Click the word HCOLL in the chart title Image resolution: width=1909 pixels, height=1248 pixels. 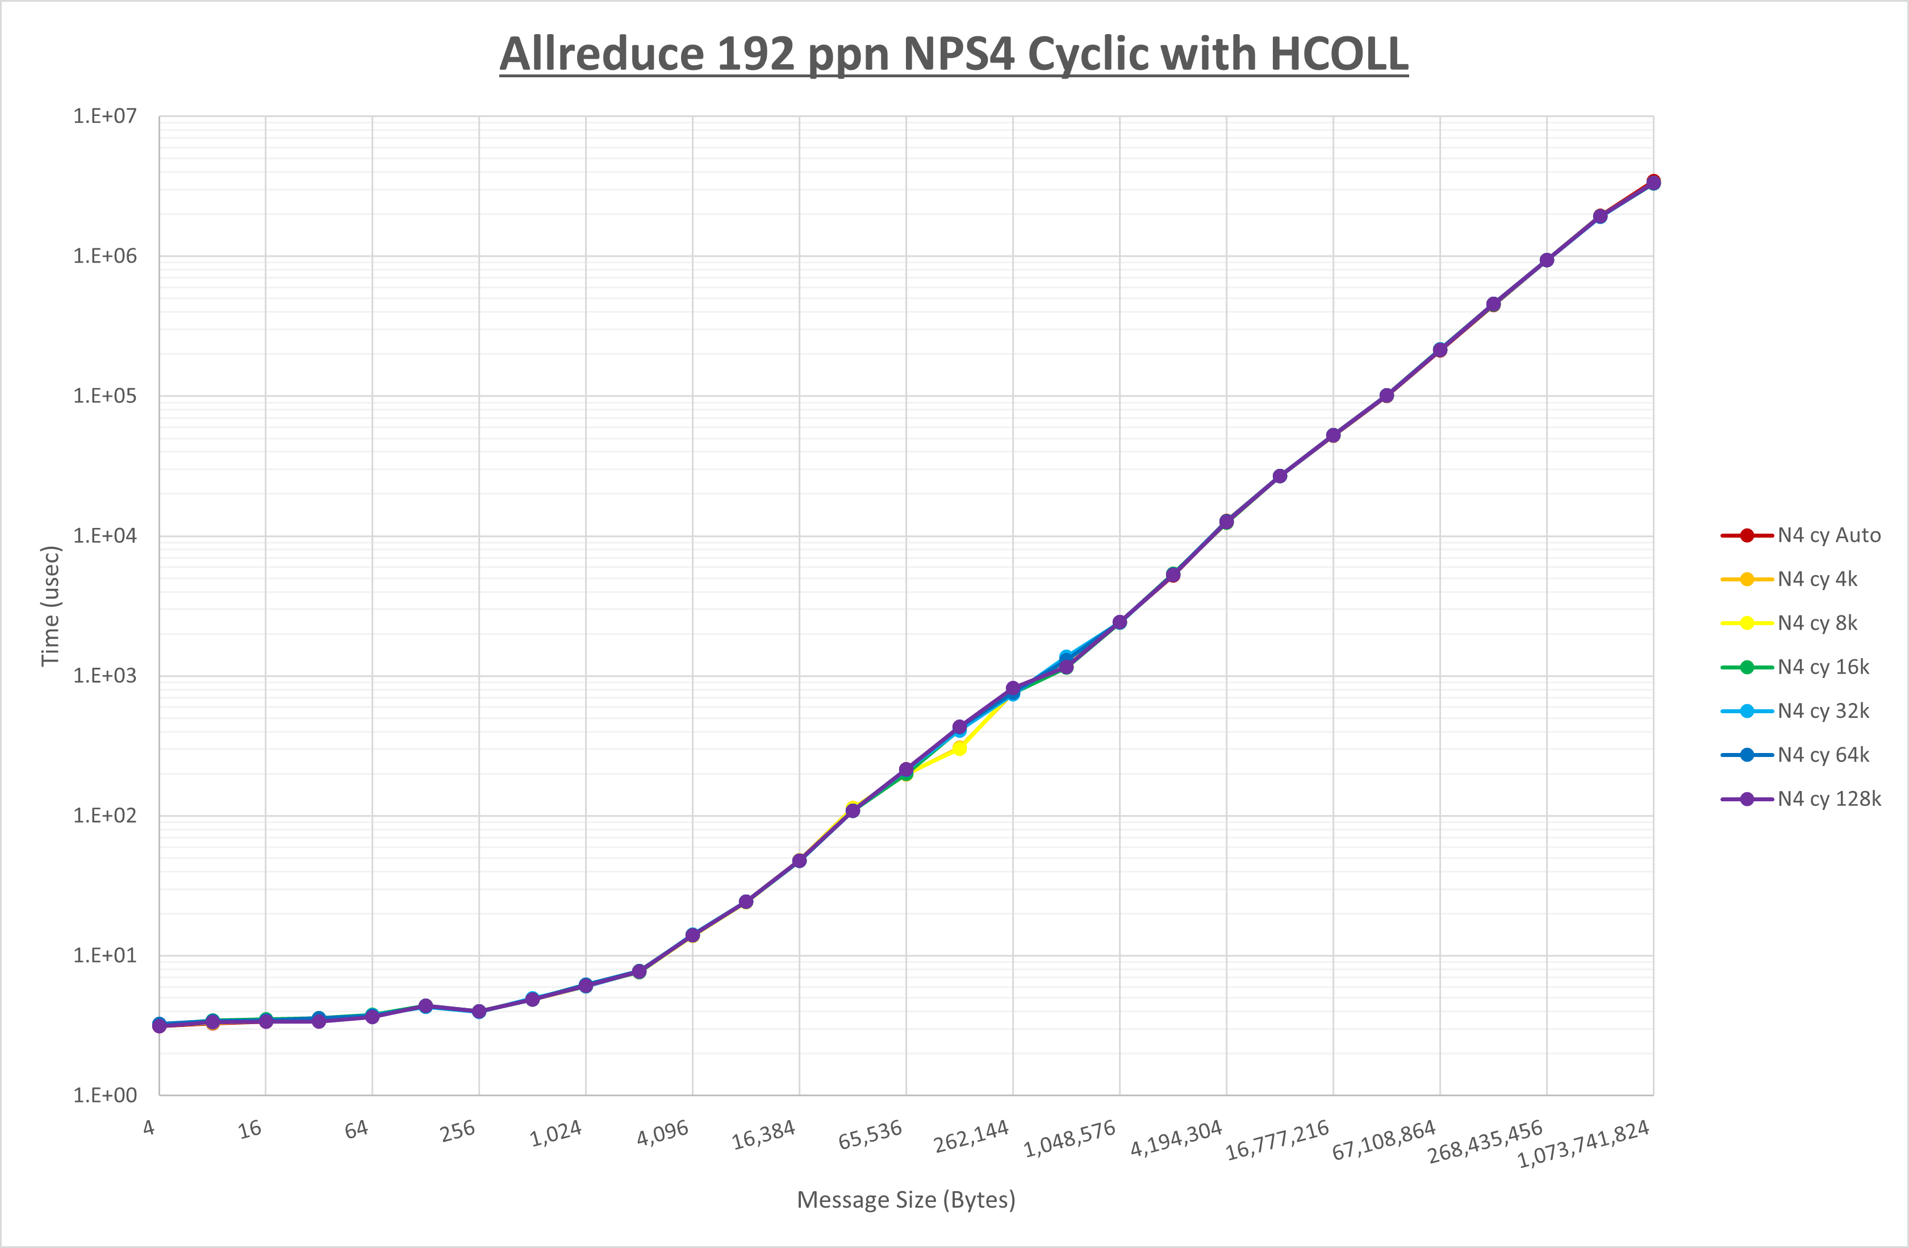click(1339, 55)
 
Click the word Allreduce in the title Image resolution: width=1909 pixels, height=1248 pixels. click(601, 55)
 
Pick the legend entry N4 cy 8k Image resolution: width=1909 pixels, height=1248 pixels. click(1817, 623)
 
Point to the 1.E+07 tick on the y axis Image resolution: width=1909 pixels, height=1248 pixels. click(105, 117)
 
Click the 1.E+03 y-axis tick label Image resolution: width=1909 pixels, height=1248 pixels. click(105, 676)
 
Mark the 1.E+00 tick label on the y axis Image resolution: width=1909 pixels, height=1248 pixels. click(105, 1096)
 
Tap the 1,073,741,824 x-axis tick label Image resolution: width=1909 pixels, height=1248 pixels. click(1584, 1143)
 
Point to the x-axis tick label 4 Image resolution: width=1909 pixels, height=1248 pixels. click(149, 1128)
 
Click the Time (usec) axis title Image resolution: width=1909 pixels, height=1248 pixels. click(50, 606)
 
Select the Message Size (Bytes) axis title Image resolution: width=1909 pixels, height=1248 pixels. click(905, 1200)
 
